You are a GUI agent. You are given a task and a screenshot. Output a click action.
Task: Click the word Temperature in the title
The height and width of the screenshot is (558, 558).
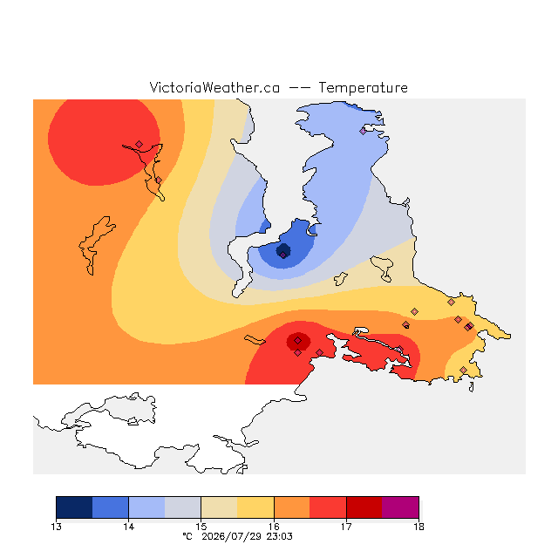coord(363,87)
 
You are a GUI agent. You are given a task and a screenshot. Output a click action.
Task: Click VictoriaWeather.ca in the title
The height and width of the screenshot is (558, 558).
coord(214,87)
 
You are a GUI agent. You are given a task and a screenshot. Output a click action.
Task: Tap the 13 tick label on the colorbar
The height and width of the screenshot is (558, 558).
coord(56,527)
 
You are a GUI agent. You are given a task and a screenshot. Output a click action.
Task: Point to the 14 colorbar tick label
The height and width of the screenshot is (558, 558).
coord(128,527)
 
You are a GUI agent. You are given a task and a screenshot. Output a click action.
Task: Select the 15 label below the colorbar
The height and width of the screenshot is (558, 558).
coord(201,527)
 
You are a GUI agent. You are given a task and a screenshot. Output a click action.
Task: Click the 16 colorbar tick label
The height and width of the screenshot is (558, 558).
coord(274,527)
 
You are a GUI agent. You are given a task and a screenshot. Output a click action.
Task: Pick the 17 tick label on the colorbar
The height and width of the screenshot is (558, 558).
coord(346,527)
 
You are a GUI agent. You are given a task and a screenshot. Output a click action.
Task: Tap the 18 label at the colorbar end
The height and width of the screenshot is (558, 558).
coord(418,527)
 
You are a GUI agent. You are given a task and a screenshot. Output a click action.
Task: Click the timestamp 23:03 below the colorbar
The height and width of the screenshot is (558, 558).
coord(279,536)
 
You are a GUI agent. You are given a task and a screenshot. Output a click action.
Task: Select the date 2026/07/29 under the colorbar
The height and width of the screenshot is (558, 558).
coord(232,536)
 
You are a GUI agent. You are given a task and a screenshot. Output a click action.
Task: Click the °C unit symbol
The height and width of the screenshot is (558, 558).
coord(187,536)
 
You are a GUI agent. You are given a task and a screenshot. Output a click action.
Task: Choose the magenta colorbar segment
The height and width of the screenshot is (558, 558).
coord(400,507)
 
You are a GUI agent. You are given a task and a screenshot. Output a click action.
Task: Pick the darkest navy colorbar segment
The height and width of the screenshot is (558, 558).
coord(74,507)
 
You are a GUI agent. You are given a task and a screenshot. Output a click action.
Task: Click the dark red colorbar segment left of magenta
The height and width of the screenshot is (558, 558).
coord(364,507)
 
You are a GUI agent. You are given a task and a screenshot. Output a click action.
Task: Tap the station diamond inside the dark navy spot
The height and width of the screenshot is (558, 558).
coord(282,255)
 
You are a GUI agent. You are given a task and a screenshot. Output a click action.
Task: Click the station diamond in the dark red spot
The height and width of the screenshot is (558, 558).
coord(298,341)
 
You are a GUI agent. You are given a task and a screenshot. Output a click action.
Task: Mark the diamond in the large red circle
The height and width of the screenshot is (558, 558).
coord(139,144)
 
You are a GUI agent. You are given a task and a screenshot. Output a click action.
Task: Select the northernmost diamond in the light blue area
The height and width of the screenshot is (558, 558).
coord(363,131)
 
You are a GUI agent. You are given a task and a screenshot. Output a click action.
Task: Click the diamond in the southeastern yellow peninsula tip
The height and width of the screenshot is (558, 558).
coord(463,370)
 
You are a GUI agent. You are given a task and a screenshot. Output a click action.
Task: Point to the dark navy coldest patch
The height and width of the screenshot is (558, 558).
coord(283,251)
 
